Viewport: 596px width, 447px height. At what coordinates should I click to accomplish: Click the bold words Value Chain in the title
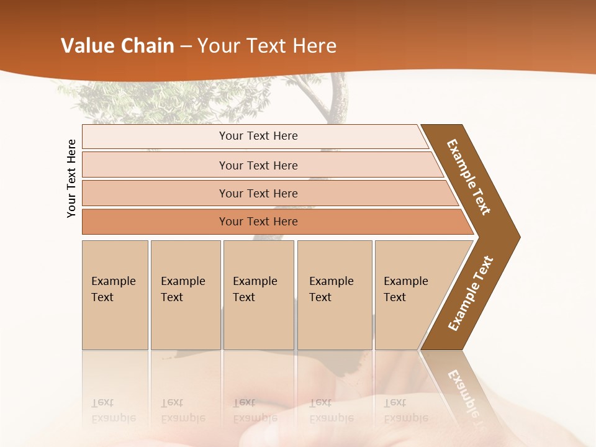(x=117, y=46)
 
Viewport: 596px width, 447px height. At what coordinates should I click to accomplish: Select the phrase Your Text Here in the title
(x=267, y=46)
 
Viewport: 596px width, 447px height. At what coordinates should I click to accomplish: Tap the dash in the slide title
(x=186, y=47)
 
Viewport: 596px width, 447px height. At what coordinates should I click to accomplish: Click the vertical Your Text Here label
(x=72, y=178)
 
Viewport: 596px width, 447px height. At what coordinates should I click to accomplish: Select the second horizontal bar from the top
(x=258, y=165)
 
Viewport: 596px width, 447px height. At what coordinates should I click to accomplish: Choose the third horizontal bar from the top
(x=258, y=193)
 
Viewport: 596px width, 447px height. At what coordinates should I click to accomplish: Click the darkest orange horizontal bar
(x=258, y=222)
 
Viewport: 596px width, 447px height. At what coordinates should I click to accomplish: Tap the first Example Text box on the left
(x=115, y=294)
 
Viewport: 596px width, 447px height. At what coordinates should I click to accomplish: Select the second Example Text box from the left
(x=185, y=294)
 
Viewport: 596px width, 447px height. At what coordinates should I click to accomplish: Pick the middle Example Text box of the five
(x=258, y=294)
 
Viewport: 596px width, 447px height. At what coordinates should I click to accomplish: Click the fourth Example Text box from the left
(x=335, y=294)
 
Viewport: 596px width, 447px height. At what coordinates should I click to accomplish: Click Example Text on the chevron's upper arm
(x=469, y=177)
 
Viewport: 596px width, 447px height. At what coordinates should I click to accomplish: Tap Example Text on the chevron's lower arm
(x=470, y=293)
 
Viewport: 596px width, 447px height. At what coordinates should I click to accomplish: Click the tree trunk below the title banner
(x=338, y=99)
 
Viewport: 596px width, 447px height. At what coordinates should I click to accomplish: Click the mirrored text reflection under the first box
(x=113, y=410)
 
